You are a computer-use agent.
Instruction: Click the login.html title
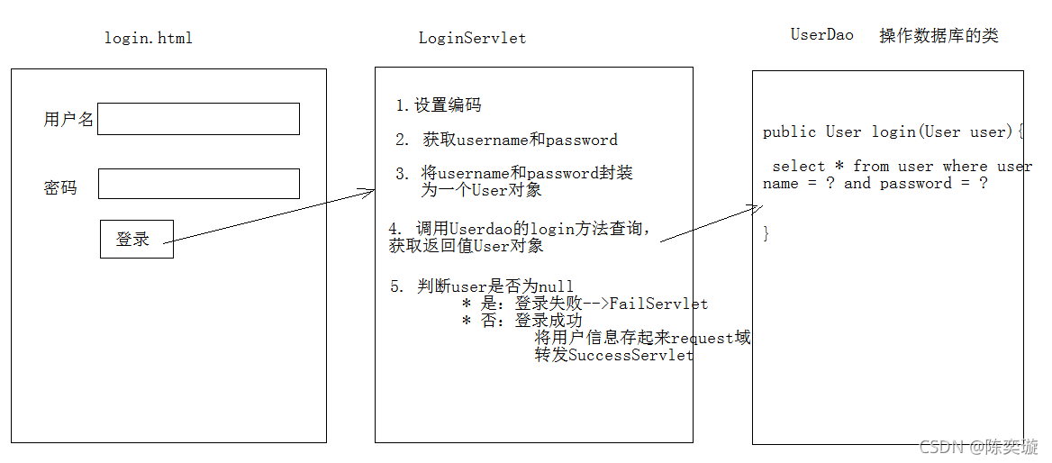click(x=149, y=38)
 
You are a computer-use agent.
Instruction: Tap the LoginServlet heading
click(x=472, y=38)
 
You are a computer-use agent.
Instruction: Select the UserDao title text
click(x=821, y=35)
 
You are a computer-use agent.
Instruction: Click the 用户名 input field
click(x=198, y=119)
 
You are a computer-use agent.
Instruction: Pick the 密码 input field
click(x=198, y=184)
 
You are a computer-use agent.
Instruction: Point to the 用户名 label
click(x=68, y=120)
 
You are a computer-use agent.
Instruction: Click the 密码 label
click(x=60, y=188)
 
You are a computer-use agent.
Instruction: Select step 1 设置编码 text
click(x=439, y=105)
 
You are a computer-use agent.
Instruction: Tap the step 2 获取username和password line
click(x=507, y=140)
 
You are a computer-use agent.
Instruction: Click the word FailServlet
click(x=658, y=304)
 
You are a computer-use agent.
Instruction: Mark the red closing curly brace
click(x=766, y=234)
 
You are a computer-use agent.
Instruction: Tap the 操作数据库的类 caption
click(x=939, y=36)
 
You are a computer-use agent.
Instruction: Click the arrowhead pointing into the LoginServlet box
click(x=368, y=191)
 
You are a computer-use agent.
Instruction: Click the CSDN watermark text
click(x=980, y=447)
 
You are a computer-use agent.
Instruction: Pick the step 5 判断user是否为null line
click(x=482, y=286)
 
